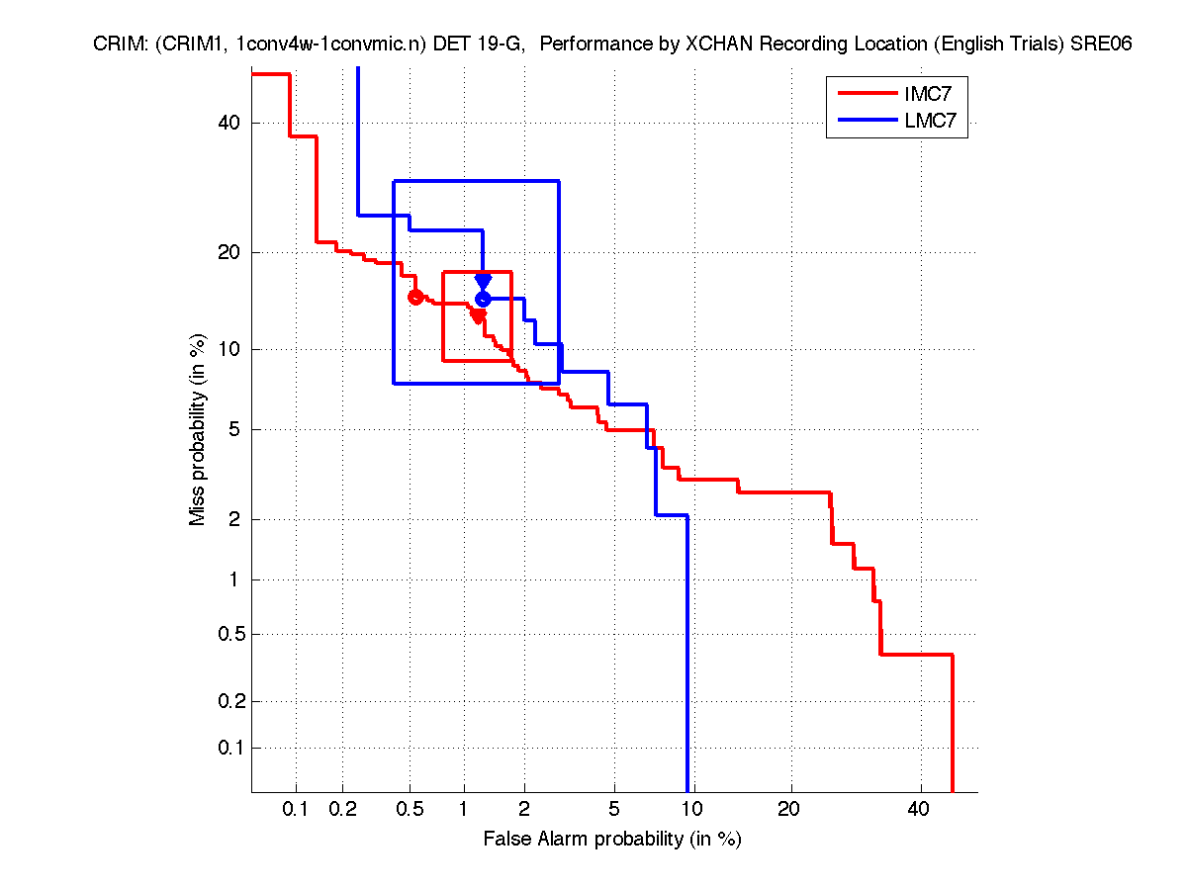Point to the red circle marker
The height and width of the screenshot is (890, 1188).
pyautogui.click(x=415, y=297)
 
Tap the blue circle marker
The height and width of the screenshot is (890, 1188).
pyautogui.click(x=483, y=299)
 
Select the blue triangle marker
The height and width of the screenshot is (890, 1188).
pyautogui.click(x=483, y=283)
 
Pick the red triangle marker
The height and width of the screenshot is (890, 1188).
pyautogui.click(x=478, y=316)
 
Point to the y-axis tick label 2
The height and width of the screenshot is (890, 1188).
pyautogui.click(x=234, y=519)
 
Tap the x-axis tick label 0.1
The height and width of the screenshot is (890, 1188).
pyautogui.click(x=296, y=810)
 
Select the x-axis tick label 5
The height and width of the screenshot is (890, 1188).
pyautogui.click(x=613, y=810)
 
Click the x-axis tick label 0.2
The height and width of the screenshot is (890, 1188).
pyautogui.click(x=342, y=810)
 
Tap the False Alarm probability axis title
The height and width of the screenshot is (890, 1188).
pyautogui.click(x=611, y=840)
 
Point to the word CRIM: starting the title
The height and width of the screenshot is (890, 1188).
pyautogui.click(x=121, y=44)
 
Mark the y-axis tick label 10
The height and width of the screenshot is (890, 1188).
pyautogui.click(x=229, y=349)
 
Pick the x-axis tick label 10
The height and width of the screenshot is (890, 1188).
pyautogui.click(x=692, y=810)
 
